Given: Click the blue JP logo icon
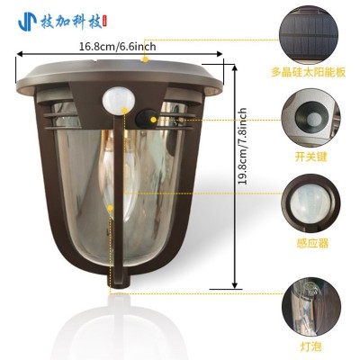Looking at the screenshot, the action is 28,22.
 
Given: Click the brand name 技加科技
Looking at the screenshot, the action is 71,22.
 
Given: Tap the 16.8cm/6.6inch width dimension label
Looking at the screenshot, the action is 118,47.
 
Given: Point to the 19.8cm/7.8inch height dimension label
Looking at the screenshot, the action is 242,146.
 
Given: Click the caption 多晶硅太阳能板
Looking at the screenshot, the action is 309,73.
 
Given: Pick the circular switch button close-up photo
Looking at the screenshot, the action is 310,117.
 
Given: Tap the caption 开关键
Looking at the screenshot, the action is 310,157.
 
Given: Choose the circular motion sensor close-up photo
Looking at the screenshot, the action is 310,203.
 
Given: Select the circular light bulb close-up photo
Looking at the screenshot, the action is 312,307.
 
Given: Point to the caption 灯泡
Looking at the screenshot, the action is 311,346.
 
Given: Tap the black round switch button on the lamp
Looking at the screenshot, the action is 147,119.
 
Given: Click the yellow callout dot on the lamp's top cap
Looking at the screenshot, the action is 146,59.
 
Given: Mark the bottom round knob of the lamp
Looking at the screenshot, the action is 119,282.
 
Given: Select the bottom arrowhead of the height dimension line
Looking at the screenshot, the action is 235,285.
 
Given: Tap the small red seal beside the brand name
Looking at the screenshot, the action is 105,22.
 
